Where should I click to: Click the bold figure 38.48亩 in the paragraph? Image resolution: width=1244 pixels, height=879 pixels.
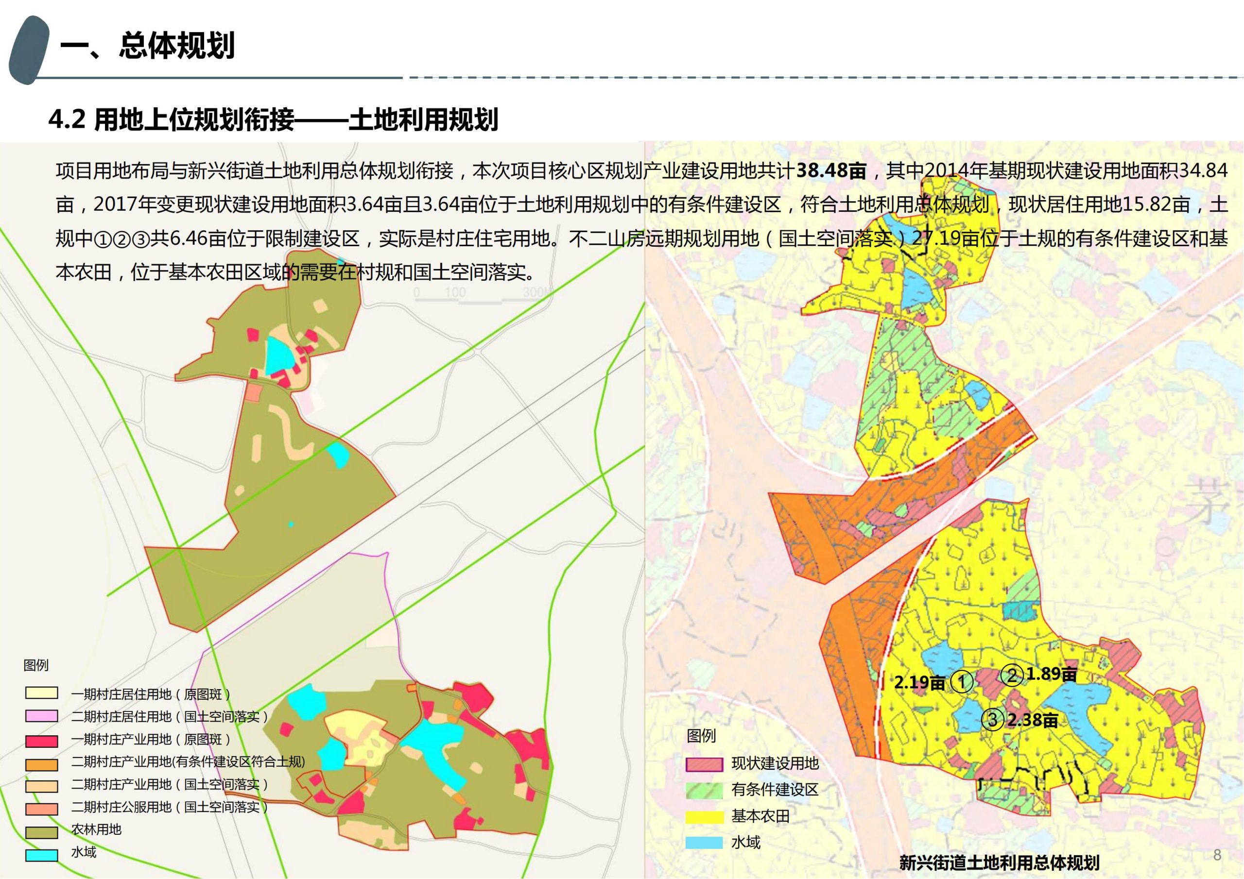(x=831, y=171)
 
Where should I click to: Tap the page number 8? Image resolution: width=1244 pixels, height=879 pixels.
(x=1217, y=855)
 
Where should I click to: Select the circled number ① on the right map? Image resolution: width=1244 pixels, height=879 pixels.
(x=962, y=682)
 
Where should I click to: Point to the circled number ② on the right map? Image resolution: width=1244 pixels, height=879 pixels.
(x=1012, y=675)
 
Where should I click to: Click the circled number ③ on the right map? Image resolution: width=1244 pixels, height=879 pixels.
(x=993, y=720)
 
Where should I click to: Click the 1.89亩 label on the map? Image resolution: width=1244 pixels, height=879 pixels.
(x=1051, y=674)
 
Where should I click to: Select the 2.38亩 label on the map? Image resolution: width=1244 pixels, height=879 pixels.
(x=1032, y=720)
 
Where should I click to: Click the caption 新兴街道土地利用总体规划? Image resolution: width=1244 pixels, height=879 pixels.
(x=999, y=862)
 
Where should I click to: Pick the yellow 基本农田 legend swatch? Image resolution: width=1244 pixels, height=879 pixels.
(x=704, y=817)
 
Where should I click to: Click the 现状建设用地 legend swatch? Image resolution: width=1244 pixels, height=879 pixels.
(x=704, y=764)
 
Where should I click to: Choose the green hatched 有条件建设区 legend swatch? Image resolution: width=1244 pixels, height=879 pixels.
(x=704, y=790)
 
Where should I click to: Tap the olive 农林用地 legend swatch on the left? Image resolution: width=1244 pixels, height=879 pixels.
(x=41, y=832)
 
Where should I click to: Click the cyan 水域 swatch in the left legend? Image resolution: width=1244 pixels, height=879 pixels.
(x=41, y=855)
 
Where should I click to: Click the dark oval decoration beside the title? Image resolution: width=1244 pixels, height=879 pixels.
(x=28, y=50)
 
